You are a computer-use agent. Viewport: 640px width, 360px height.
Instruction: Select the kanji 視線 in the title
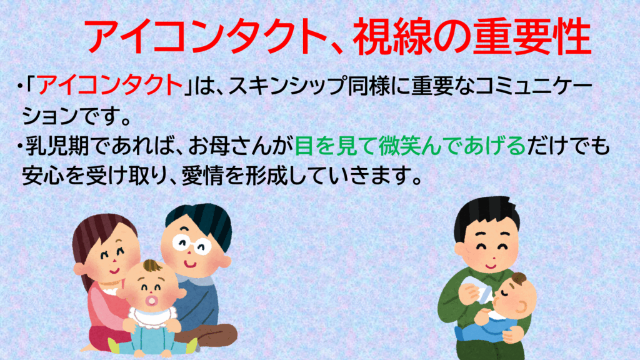pyautogui.click(x=391, y=37)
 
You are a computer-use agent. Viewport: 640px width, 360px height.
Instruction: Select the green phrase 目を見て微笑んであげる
pyautogui.click(x=410, y=146)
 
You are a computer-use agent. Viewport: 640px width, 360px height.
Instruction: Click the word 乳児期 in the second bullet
pyautogui.click(x=57, y=146)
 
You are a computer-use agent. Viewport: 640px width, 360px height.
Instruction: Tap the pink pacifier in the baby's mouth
pyautogui.click(x=152, y=301)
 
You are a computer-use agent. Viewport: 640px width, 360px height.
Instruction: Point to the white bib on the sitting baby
pyautogui.click(x=152, y=317)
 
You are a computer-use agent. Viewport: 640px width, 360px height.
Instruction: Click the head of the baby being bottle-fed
pyautogui.click(x=515, y=295)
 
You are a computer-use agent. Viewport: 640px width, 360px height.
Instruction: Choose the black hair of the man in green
pyautogui.click(x=486, y=216)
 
